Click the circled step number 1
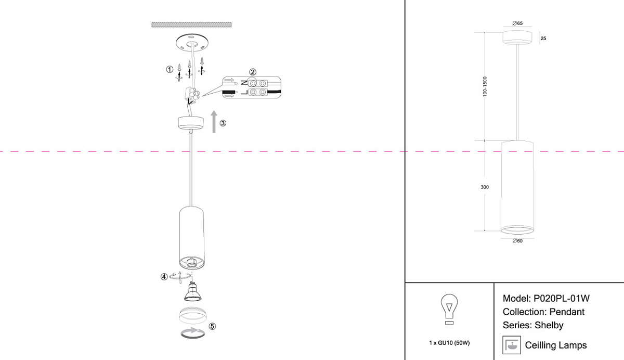pyautogui.click(x=170, y=69)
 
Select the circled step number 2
pyautogui.click(x=252, y=72)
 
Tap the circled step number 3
pyautogui.click(x=223, y=123)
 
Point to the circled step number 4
pyautogui.click(x=164, y=277)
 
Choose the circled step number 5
pyautogui.click(x=212, y=326)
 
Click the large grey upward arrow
pyautogui.click(x=214, y=122)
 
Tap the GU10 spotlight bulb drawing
pyautogui.click(x=192, y=291)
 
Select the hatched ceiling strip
pyautogui.click(x=191, y=25)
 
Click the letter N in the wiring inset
pyautogui.click(x=244, y=83)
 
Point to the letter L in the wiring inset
pyautogui.click(x=244, y=92)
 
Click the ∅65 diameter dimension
pyautogui.click(x=517, y=23)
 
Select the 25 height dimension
pyautogui.click(x=543, y=38)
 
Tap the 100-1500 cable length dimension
pyautogui.click(x=485, y=87)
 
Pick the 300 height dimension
pyautogui.click(x=485, y=187)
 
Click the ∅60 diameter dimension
pyautogui.click(x=517, y=241)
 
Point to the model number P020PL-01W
pyautogui.click(x=561, y=299)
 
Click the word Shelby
pyautogui.click(x=549, y=325)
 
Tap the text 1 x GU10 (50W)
pyautogui.click(x=449, y=343)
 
